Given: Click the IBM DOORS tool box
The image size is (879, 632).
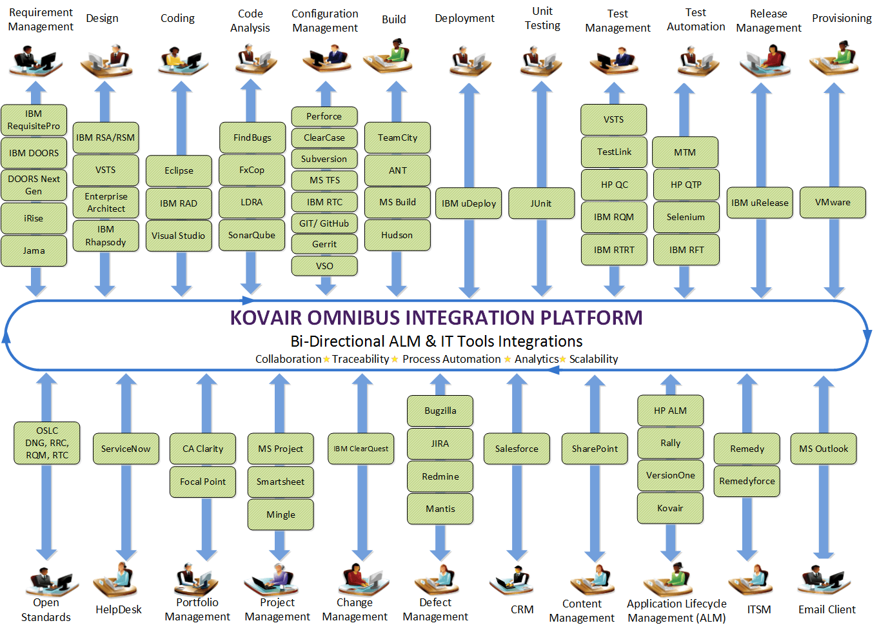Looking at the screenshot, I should coord(34,153).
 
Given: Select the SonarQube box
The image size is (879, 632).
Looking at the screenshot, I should coord(252,235).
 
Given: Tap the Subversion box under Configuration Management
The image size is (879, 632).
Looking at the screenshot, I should coord(324,159).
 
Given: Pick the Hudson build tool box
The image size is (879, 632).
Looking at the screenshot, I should coord(397,235).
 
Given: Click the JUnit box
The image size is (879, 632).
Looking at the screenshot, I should coord(541,203).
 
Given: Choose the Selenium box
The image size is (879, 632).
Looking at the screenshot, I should coord(686,217).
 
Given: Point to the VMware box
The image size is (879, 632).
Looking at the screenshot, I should coord(833,203).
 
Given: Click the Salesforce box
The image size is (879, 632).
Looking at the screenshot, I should coord(517,449).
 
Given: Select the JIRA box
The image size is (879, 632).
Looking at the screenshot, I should coord(440,443).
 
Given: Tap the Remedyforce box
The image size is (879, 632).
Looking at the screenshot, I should coord(747,481).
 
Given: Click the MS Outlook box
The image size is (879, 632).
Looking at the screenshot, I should coord(824,449).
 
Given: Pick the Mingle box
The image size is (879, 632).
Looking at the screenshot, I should coord(281,515).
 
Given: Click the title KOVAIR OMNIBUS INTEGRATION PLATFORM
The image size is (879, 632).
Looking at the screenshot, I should coord(436,318).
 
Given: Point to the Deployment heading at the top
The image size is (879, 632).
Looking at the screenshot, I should coord(464,19).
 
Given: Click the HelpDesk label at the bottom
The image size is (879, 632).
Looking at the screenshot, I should coord(119,609).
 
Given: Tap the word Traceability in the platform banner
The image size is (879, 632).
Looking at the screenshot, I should coord(360,359).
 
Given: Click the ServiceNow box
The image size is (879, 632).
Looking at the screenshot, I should coord(126,449).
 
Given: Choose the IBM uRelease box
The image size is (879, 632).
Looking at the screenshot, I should coord(760,203).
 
